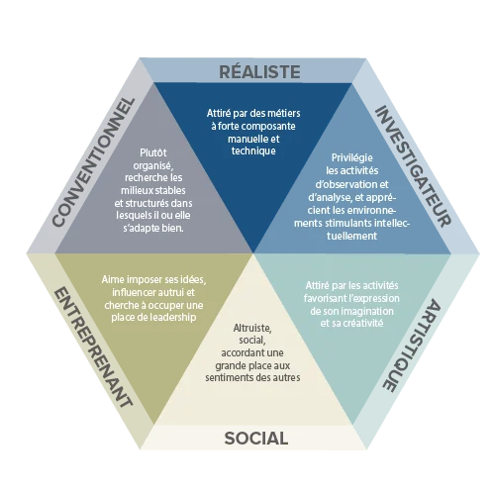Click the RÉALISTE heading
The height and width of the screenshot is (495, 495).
pyautogui.click(x=259, y=71)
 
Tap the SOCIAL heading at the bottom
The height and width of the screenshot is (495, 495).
pyautogui.click(x=256, y=439)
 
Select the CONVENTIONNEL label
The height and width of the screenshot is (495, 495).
pyautogui.click(x=94, y=162)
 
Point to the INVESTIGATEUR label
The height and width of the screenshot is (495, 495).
pyautogui.click(x=414, y=166)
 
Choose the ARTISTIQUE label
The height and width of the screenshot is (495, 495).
pyautogui.click(x=412, y=346)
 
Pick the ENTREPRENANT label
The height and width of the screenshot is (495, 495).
pyautogui.click(x=93, y=347)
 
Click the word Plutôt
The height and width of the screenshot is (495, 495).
pyautogui.click(x=153, y=152)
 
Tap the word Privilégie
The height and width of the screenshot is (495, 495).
pyautogui.click(x=351, y=157)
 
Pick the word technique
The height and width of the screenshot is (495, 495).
pyautogui.click(x=253, y=151)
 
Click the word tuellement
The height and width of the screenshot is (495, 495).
pyautogui.click(x=351, y=236)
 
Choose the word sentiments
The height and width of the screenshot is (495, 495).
pyautogui.click(x=226, y=377)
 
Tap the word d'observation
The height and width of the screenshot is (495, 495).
pyautogui.click(x=343, y=184)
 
